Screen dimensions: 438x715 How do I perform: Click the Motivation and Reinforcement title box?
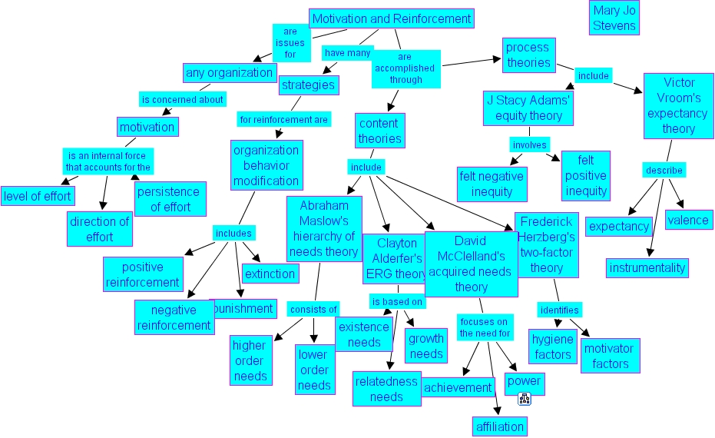(x=392, y=18)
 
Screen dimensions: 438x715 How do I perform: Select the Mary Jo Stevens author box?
(x=614, y=18)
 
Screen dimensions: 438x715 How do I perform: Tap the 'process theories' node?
(x=528, y=55)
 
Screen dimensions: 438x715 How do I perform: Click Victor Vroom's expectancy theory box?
(x=678, y=105)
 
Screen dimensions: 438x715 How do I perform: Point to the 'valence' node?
(x=688, y=221)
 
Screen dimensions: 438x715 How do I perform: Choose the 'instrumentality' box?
(x=647, y=267)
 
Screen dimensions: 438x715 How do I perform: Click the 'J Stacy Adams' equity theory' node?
(x=528, y=108)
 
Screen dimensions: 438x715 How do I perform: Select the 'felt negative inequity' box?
(x=491, y=184)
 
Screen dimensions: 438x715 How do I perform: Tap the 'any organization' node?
(x=230, y=73)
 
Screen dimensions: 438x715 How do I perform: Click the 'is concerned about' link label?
(x=182, y=99)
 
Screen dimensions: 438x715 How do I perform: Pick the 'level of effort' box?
(x=37, y=196)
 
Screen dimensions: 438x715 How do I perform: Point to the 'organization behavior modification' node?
(x=266, y=166)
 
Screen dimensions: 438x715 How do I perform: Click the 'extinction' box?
(x=270, y=274)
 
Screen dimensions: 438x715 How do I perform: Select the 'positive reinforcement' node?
(x=143, y=274)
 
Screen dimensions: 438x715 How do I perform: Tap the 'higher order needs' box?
(x=250, y=360)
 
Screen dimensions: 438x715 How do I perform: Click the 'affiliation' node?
(x=499, y=426)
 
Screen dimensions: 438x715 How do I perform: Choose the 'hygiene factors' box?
(x=553, y=347)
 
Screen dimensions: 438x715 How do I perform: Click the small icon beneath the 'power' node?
(x=525, y=398)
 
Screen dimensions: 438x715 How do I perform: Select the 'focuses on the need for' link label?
(x=484, y=327)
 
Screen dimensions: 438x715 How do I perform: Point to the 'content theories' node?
(x=379, y=131)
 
